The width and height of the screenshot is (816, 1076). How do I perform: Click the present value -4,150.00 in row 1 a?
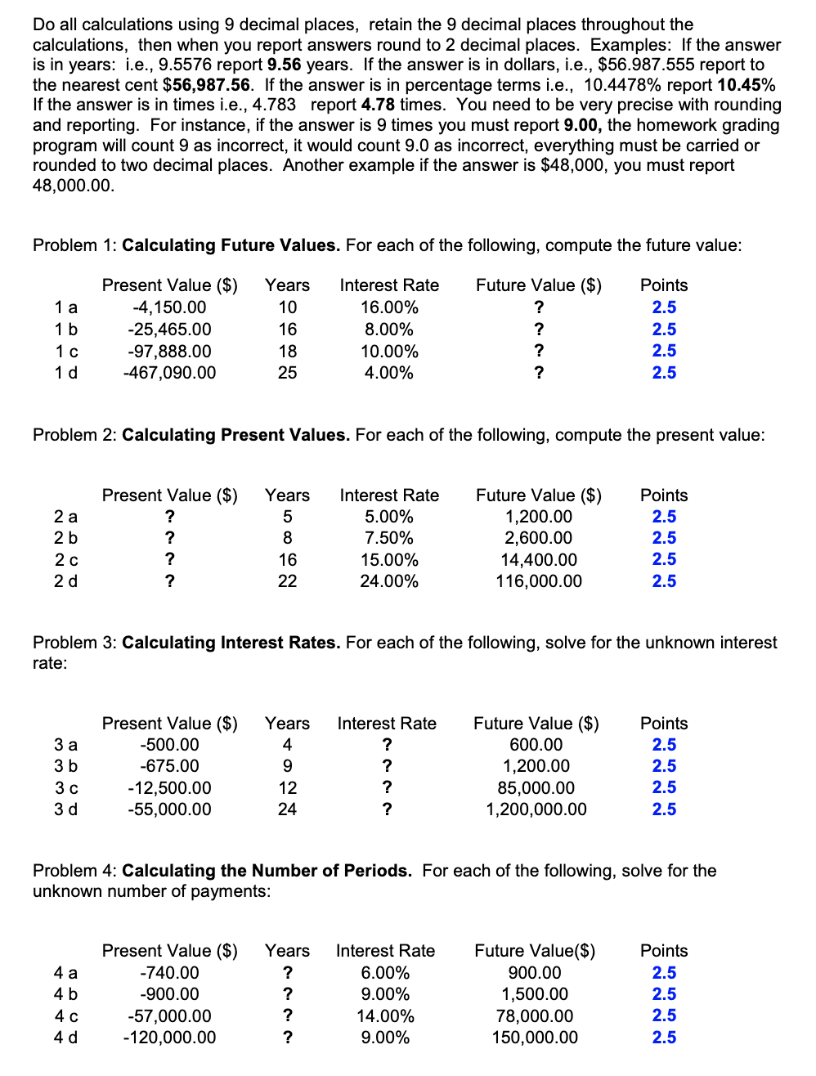coord(169,307)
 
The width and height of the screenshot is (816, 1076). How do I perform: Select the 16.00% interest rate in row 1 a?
coord(389,307)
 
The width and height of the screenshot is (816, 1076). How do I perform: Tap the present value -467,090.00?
coord(169,373)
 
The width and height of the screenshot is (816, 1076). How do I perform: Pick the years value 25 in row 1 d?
coord(287,373)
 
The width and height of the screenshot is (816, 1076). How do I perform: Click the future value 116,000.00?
coord(539,581)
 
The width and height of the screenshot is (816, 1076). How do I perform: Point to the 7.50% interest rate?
coord(389,538)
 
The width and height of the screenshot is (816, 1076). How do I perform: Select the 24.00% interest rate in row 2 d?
coord(389,581)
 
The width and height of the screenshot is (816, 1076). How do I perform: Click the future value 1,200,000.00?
coord(536,809)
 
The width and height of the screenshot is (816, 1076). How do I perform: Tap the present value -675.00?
coord(169,766)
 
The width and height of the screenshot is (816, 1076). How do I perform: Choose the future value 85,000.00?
coord(536,788)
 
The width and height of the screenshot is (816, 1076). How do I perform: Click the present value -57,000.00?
coord(169,1016)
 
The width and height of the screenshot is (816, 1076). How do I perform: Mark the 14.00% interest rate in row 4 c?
coord(385,1016)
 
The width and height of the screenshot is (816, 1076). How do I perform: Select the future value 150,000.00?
coord(535,1038)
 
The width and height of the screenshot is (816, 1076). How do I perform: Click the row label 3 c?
coord(66,788)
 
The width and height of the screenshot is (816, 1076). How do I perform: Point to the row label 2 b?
coord(66,538)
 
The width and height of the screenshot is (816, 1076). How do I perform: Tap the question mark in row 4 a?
coord(287,973)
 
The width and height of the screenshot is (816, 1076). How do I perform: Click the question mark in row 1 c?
coord(539,351)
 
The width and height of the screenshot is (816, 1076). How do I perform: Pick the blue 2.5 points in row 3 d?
coord(664,809)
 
